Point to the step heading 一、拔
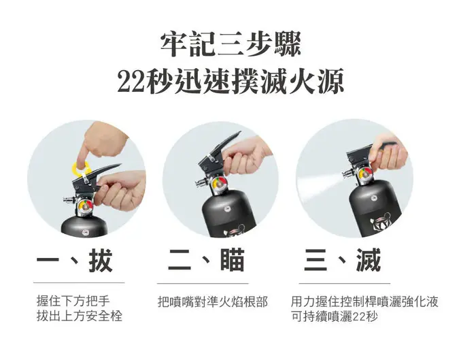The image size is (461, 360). pos(74,261)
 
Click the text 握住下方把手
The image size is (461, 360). pos(73,301)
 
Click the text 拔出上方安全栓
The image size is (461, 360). pos(79,316)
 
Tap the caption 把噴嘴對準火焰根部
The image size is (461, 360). pos(212,301)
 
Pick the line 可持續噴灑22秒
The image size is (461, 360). pos(334,316)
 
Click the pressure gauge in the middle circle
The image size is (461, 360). pos(218,185)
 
